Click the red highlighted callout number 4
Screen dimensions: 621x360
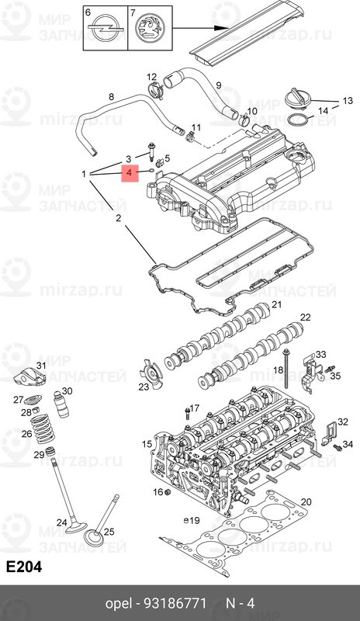[129, 173]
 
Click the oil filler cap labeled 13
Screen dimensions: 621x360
[299, 99]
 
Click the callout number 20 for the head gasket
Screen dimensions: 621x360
[306, 501]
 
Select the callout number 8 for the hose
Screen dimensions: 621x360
[111, 96]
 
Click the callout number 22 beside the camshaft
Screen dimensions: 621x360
[305, 317]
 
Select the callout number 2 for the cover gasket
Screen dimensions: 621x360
[119, 219]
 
